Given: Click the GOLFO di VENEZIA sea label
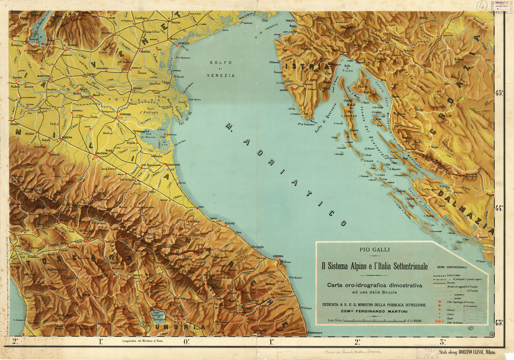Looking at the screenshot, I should [221, 69].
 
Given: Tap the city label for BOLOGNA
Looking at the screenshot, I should [102, 153].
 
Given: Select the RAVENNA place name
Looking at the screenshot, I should [174, 165].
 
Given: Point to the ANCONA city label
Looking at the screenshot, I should [278, 256].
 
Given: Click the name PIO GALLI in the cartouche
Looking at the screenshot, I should [374, 250].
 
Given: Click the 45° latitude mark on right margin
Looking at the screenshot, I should [499, 93].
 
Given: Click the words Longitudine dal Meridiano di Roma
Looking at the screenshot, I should [142, 341].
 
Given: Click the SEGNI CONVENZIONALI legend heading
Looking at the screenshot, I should [451, 267].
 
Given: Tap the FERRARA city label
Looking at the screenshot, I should [125, 114].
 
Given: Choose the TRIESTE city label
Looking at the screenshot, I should [290, 21].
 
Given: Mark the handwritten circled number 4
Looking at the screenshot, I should [482, 6].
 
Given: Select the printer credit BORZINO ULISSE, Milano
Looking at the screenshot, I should [467, 352].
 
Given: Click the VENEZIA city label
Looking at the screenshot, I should [183, 43].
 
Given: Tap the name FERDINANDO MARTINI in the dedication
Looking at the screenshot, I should [379, 311].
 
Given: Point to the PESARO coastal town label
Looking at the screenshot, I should [230, 224].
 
